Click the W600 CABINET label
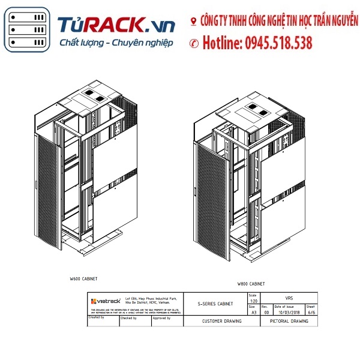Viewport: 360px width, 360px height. [83, 279]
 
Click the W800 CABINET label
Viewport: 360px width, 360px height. [251, 283]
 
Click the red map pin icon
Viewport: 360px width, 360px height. [193, 22]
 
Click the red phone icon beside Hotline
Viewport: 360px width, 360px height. [194, 43]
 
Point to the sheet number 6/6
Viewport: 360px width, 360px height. [311, 312]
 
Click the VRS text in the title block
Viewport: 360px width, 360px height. [289, 298]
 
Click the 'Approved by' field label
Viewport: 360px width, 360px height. [161, 317]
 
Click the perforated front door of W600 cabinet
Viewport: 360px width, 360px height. [50, 192]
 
